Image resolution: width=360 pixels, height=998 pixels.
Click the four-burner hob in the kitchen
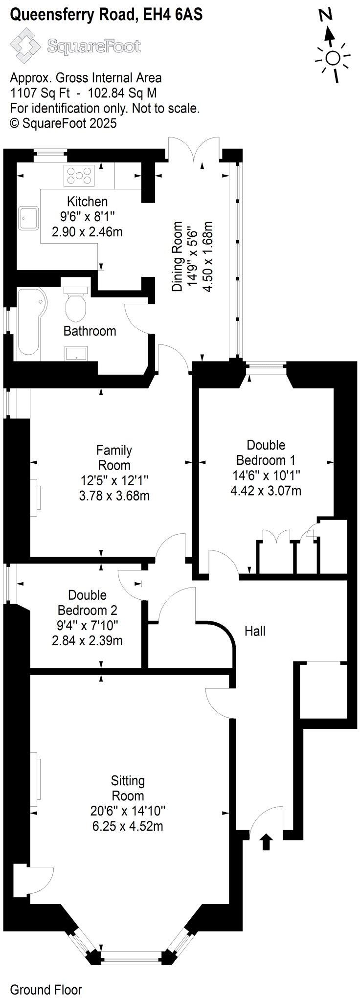[x=79, y=176]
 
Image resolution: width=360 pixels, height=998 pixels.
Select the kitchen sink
[x=29, y=218]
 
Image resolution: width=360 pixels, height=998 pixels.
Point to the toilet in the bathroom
[x=76, y=303]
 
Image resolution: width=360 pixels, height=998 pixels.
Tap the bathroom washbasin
[x=76, y=353]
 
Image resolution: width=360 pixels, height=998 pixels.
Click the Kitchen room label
[x=87, y=201]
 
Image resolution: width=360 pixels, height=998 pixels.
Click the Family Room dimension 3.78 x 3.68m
[x=114, y=496]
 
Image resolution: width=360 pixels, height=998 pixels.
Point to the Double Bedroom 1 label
[x=266, y=452]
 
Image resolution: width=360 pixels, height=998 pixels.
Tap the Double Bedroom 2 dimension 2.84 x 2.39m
[x=87, y=640]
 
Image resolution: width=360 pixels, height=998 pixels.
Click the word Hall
[x=255, y=631]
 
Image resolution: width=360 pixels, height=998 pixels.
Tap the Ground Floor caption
[x=46, y=986]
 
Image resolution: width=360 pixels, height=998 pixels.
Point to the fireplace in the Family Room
[x=36, y=497]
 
